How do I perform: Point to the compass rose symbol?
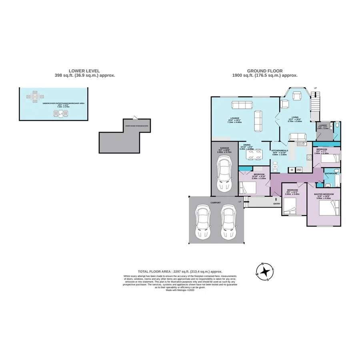pos(264,272)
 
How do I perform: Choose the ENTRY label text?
pos(277,204)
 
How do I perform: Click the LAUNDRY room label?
pos(323,125)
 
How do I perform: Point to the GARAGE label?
pos(224,148)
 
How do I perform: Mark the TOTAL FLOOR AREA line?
pos(180,271)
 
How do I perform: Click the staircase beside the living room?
pos(316,102)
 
